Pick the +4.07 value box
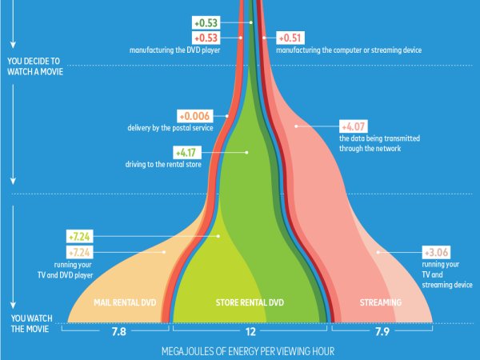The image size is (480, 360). pyautogui.click(x=354, y=126)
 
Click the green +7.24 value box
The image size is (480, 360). pyautogui.click(x=80, y=237)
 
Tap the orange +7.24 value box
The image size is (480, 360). pyautogui.click(x=80, y=251)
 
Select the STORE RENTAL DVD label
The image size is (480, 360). pyautogui.click(x=250, y=302)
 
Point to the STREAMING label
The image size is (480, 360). pyautogui.click(x=380, y=302)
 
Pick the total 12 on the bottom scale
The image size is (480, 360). pyautogui.click(x=250, y=330)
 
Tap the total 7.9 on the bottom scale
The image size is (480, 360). pyautogui.click(x=382, y=330)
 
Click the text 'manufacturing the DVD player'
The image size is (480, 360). pyautogui.click(x=174, y=50)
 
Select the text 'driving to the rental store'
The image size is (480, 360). pyautogui.click(x=165, y=164)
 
